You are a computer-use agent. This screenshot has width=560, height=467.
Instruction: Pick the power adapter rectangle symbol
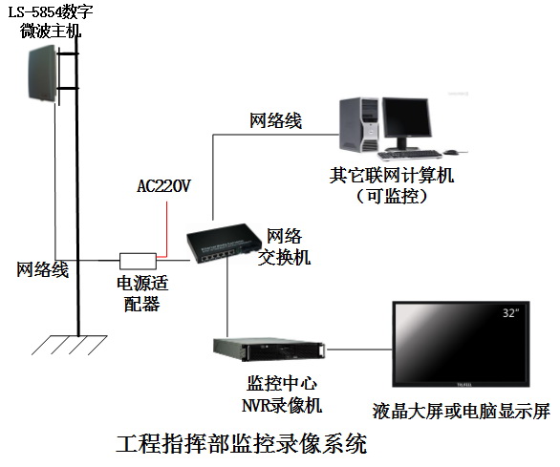click(x=138, y=260)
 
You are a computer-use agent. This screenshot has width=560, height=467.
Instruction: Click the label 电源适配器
click(x=138, y=293)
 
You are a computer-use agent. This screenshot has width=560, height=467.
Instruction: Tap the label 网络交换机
click(x=288, y=245)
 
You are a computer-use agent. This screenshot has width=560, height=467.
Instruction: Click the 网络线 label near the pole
click(x=41, y=269)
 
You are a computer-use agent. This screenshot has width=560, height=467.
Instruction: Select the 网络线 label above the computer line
click(x=276, y=120)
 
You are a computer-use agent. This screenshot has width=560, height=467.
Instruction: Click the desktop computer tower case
click(x=358, y=130)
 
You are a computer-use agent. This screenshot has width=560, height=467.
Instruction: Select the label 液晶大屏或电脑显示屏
click(x=462, y=413)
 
